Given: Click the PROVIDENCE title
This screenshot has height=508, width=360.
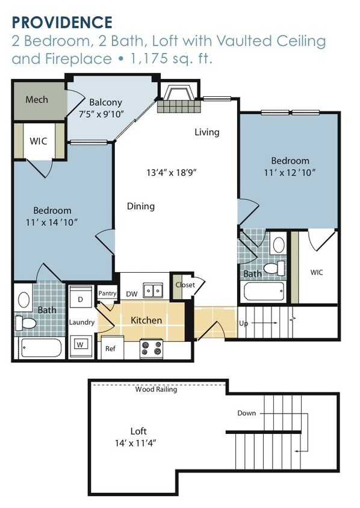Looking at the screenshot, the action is click(62, 22).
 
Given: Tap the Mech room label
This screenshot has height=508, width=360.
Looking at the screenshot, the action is click(37, 99).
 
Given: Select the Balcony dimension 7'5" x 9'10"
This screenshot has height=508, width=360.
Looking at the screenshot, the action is click(102, 114).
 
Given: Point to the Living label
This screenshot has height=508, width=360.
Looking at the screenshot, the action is click(207, 132).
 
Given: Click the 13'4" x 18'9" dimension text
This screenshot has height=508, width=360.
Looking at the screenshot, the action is click(172, 172).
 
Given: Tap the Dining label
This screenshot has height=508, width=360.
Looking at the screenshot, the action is click(141, 206).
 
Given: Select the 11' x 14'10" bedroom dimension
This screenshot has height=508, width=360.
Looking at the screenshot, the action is click(52, 222).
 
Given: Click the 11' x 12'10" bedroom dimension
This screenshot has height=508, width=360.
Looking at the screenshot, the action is click(290, 172).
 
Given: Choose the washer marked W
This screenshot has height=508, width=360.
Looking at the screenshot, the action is click(80, 345).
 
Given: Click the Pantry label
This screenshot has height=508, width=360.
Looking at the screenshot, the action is click(107, 294).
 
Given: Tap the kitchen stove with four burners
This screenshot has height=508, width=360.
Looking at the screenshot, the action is click(151, 348).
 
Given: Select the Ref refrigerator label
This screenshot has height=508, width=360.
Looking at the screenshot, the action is click(110, 348).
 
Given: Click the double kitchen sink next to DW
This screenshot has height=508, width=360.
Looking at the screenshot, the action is click(154, 290).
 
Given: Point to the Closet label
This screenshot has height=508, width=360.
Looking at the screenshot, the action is click(185, 285).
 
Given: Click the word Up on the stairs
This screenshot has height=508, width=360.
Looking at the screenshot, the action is click(243, 324).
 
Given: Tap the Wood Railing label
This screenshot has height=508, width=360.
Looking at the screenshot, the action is click(156, 389).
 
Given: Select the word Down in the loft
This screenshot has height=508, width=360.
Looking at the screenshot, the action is click(247, 413).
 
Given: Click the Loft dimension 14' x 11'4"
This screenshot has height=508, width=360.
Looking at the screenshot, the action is click(136, 443).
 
